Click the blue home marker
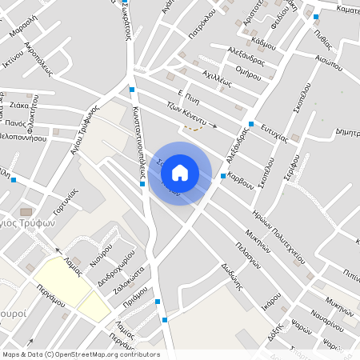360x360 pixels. [180, 173]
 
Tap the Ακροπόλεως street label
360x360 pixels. [38, 58]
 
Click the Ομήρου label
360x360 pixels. [250, 73]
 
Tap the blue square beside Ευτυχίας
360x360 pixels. [251, 124]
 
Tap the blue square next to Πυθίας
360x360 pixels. [316, 16]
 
